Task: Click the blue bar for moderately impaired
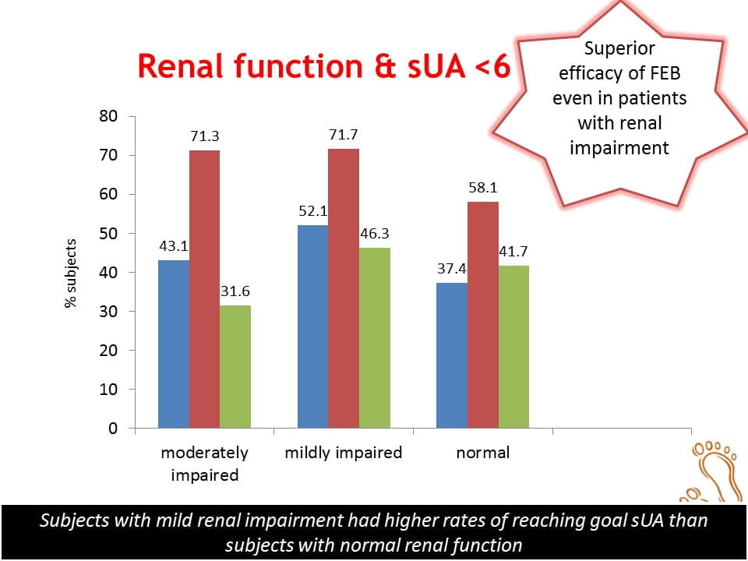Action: (x=173, y=344)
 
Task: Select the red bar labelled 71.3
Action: (x=204, y=289)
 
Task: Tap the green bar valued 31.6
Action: (x=235, y=366)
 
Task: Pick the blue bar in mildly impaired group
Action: (x=312, y=326)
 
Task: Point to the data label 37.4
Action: (x=452, y=269)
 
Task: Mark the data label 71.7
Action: (x=344, y=136)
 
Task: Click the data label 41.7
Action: (x=514, y=252)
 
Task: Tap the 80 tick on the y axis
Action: (x=108, y=117)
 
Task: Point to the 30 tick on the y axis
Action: (x=108, y=312)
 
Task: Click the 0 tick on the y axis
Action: (x=113, y=429)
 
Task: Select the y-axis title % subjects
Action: (x=71, y=273)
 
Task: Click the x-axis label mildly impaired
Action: (x=344, y=453)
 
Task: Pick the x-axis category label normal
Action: (x=483, y=453)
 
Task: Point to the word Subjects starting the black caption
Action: (x=74, y=520)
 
